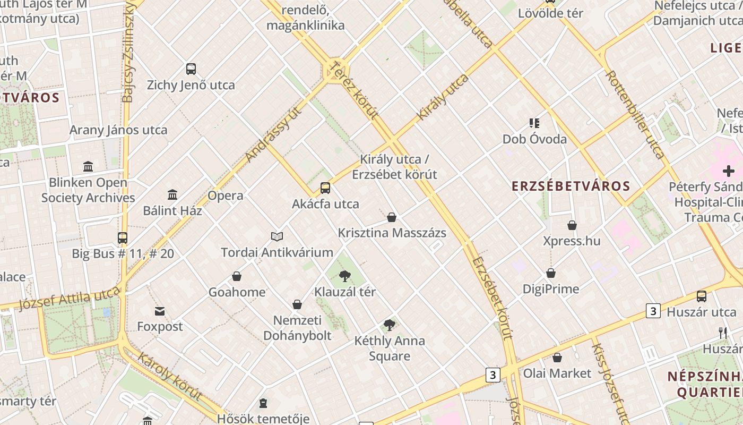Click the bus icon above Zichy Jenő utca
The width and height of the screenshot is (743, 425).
tap(191, 69)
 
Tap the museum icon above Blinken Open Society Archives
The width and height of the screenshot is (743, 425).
tap(88, 167)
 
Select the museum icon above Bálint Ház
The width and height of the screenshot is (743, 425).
tap(172, 195)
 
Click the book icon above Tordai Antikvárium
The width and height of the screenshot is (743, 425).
tap(277, 236)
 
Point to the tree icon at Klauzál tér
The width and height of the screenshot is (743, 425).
tap(345, 276)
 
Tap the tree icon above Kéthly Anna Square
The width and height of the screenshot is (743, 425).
tap(390, 325)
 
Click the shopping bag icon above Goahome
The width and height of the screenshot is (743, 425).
tap(237, 276)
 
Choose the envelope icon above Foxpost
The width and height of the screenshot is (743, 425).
tap(160, 311)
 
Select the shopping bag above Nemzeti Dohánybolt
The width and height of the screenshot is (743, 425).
tap(297, 304)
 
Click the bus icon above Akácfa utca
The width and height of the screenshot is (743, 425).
tap(325, 188)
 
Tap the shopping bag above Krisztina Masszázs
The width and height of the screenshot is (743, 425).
tap(392, 217)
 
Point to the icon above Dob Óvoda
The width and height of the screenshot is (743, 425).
tap(534, 124)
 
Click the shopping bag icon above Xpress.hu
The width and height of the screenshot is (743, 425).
tap(572, 225)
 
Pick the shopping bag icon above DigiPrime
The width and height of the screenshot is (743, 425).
tap(551, 274)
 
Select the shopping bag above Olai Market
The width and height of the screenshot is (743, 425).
tap(557, 358)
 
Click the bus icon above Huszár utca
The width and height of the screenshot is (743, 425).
tap(702, 296)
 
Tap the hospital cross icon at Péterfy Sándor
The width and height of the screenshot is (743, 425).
tap(728, 171)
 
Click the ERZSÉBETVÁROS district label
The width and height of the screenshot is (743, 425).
tap(571, 186)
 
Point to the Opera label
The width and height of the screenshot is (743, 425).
tap(226, 195)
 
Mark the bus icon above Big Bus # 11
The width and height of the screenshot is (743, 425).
tap(123, 238)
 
